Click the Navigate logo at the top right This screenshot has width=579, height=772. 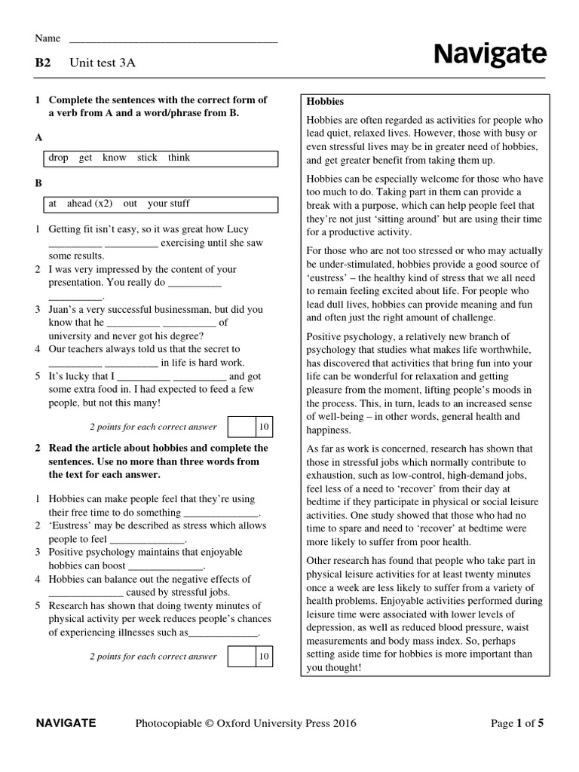coord(489,54)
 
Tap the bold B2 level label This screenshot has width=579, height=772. coord(42,63)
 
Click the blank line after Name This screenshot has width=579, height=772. coord(173,38)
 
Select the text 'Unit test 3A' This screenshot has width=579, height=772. coord(103,63)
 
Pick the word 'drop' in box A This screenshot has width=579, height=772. coord(58,158)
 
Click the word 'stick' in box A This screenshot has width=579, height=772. coord(147,158)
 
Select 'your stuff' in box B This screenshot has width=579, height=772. coord(169,203)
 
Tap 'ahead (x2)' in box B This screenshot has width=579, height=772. coord(90,203)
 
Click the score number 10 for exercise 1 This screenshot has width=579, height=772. coord(264,427)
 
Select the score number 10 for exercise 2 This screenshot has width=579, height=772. coord(264,657)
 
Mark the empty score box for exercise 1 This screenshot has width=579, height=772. coord(241,427)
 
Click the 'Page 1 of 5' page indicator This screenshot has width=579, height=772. coord(517,724)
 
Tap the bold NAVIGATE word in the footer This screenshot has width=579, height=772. coord(66,724)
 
